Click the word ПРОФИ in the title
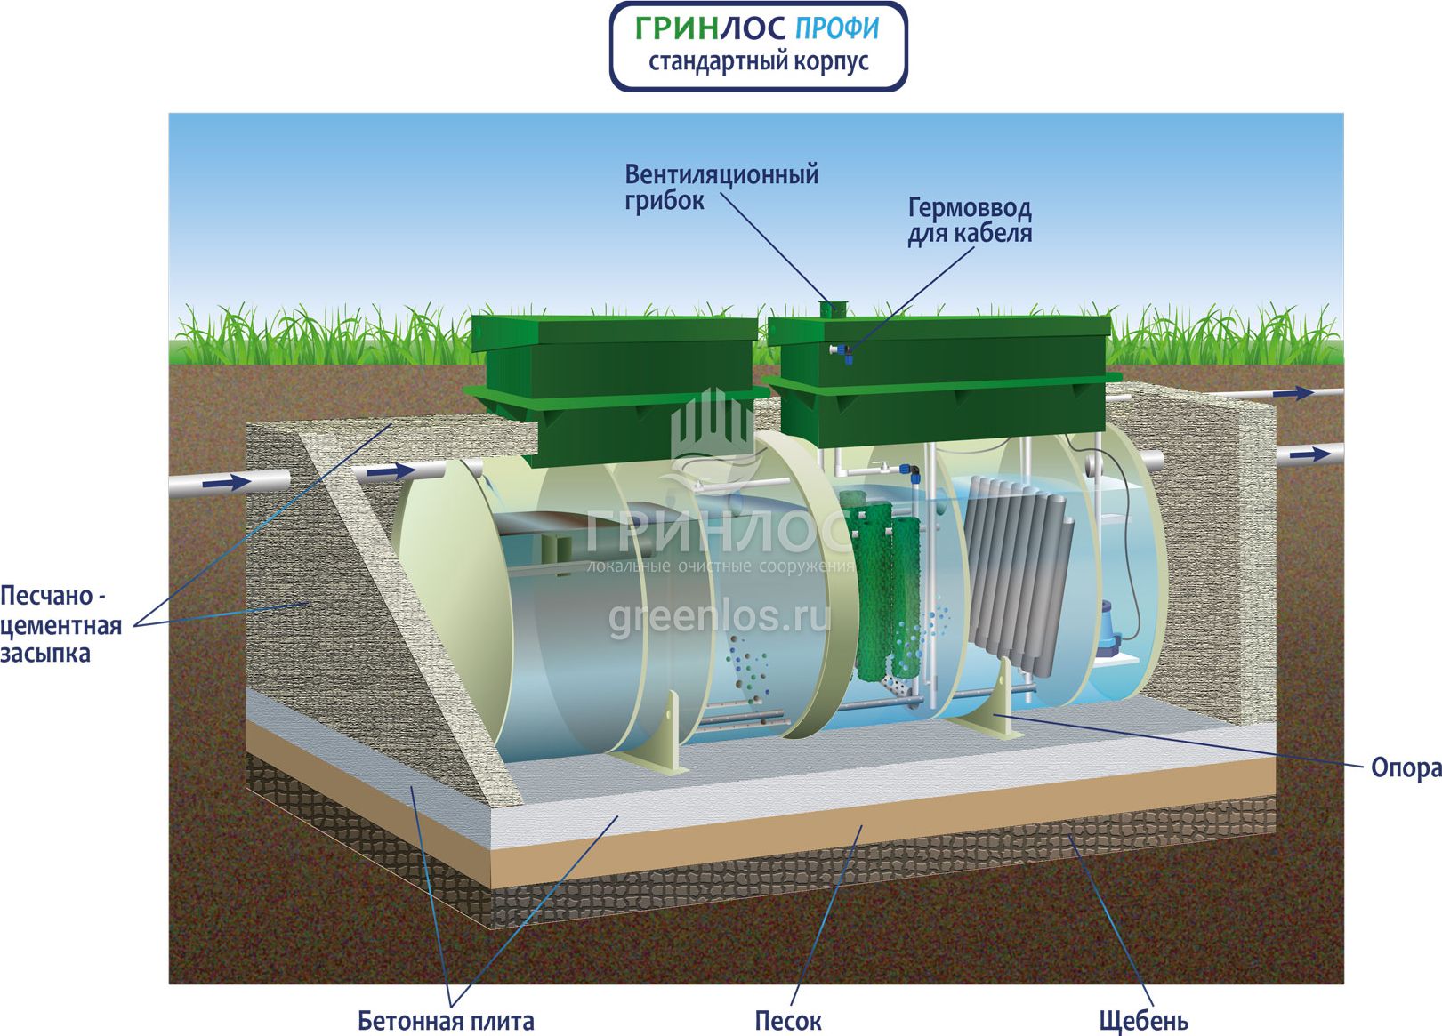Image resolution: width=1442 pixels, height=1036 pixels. click(835, 28)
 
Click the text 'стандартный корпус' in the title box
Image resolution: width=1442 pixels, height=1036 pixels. click(758, 62)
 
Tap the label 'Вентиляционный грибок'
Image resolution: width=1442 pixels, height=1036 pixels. click(721, 187)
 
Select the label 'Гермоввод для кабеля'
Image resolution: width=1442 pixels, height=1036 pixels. click(969, 221)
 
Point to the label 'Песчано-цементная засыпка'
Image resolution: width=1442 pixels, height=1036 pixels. click(60, 624)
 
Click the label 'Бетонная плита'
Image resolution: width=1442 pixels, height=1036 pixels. click(446, 1021)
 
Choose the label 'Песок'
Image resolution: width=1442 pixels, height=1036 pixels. click(787, 1021)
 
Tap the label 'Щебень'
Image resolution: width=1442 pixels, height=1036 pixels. click(1143, 1021)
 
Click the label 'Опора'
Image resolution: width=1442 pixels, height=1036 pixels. click(1405, 767)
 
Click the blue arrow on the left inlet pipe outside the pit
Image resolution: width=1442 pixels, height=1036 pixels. click(227, 483)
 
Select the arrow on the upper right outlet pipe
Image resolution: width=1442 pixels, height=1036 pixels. click(1293, 393)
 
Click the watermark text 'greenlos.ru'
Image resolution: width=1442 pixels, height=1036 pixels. click(719, 616)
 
